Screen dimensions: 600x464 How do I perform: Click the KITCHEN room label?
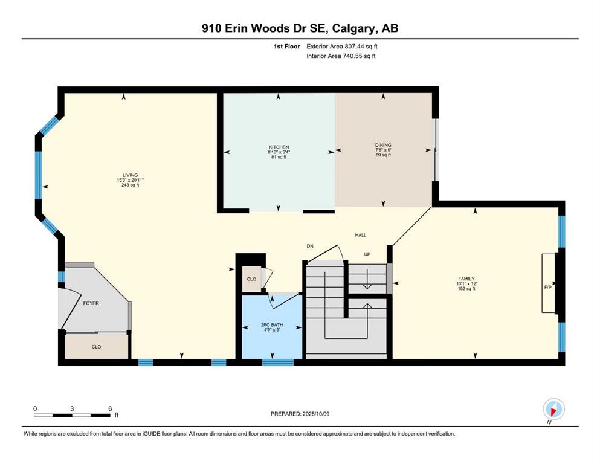(279, 147)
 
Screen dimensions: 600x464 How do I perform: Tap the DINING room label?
(383, 145)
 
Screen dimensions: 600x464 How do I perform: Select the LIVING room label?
(130, 175)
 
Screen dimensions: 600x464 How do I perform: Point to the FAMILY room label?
(466, 279)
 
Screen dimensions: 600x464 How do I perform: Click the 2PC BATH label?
(272, 325)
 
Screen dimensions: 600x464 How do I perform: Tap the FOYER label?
(91, 303)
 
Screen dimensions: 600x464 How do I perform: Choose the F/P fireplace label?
(548, 287)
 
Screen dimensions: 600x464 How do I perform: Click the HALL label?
(361, 235)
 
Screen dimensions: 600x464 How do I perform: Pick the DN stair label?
(310, 246)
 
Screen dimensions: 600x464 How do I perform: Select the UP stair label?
(367, 254)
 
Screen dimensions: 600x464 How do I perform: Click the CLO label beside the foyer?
(97, 347)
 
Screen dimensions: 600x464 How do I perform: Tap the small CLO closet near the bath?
(251, 279)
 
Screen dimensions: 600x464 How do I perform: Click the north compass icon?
(553, 410)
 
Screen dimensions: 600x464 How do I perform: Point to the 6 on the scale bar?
(110, 408)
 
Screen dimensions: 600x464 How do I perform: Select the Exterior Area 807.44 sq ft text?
(342, 47)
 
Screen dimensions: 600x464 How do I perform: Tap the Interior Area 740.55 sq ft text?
(341, 56)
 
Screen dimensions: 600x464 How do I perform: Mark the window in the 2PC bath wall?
(278, 362)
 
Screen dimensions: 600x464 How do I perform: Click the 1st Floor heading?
(286, 47)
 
